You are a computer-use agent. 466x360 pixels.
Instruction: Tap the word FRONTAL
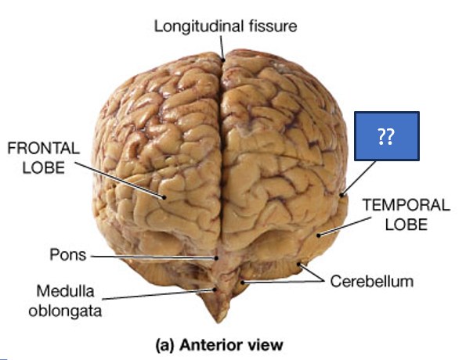(43, 148)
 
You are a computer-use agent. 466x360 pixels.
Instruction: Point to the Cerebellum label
(372, 280)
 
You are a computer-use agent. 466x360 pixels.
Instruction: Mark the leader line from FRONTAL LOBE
(125, 179)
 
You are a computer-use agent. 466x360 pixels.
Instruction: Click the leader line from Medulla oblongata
(157, 294)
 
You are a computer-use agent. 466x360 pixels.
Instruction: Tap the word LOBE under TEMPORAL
(405, 225)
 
